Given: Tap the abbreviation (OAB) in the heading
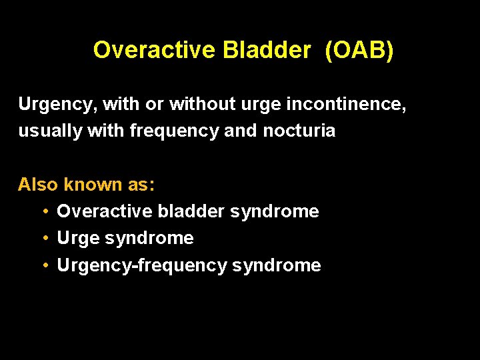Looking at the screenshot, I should pos(359,50).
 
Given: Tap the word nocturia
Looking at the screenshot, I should pos(299,131).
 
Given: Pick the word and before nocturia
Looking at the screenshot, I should pos(240,131).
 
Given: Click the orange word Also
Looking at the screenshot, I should pos(38,185).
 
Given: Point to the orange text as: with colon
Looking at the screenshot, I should pos(142,185).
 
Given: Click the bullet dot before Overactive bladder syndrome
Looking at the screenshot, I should pos(44,212).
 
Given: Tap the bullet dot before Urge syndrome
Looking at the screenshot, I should pos(44,239).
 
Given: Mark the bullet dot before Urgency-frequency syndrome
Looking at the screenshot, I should pos(44,265).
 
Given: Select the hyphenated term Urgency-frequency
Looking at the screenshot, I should pos(142,266).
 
